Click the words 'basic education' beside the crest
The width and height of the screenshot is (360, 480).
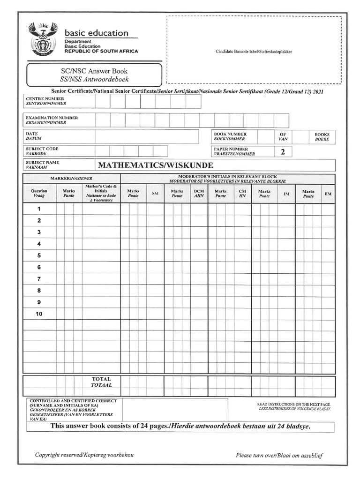click(x=96, y=33)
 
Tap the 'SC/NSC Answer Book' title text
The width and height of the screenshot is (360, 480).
click(x=94, y=71)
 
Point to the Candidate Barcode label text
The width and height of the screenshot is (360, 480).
click(x=254, y=52)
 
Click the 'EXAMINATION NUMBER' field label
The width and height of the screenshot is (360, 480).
click(x=52, y=118)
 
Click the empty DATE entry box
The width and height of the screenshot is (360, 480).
click(x=146, y=136)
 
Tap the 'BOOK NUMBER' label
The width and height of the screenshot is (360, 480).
click(x=230, y=134)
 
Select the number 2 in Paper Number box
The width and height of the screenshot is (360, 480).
click(x=283, y=152)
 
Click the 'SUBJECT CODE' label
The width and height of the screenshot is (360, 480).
click(x=42, y=149)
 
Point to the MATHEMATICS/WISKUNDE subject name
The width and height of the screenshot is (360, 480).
click(x=155, y=165)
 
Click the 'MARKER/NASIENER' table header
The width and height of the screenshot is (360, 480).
click(x=72, y=179)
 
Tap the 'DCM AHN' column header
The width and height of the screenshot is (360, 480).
click(x=199, y=194)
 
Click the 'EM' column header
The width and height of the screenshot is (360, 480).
click(x=328, y=194)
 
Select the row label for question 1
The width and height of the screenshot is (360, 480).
click(x=39, y=209)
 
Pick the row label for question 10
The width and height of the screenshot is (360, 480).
click(x=39, y=314)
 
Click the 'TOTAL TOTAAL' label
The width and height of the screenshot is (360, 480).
click(x=101, y=382)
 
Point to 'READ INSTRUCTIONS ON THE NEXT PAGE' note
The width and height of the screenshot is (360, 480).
click(x=294, y=404)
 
